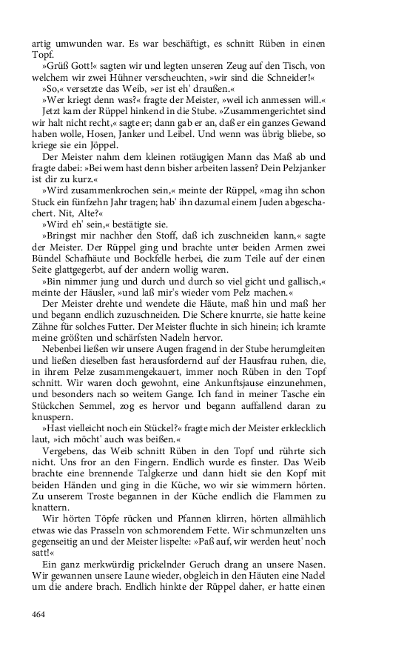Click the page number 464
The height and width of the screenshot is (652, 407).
[x=41, y=613]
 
